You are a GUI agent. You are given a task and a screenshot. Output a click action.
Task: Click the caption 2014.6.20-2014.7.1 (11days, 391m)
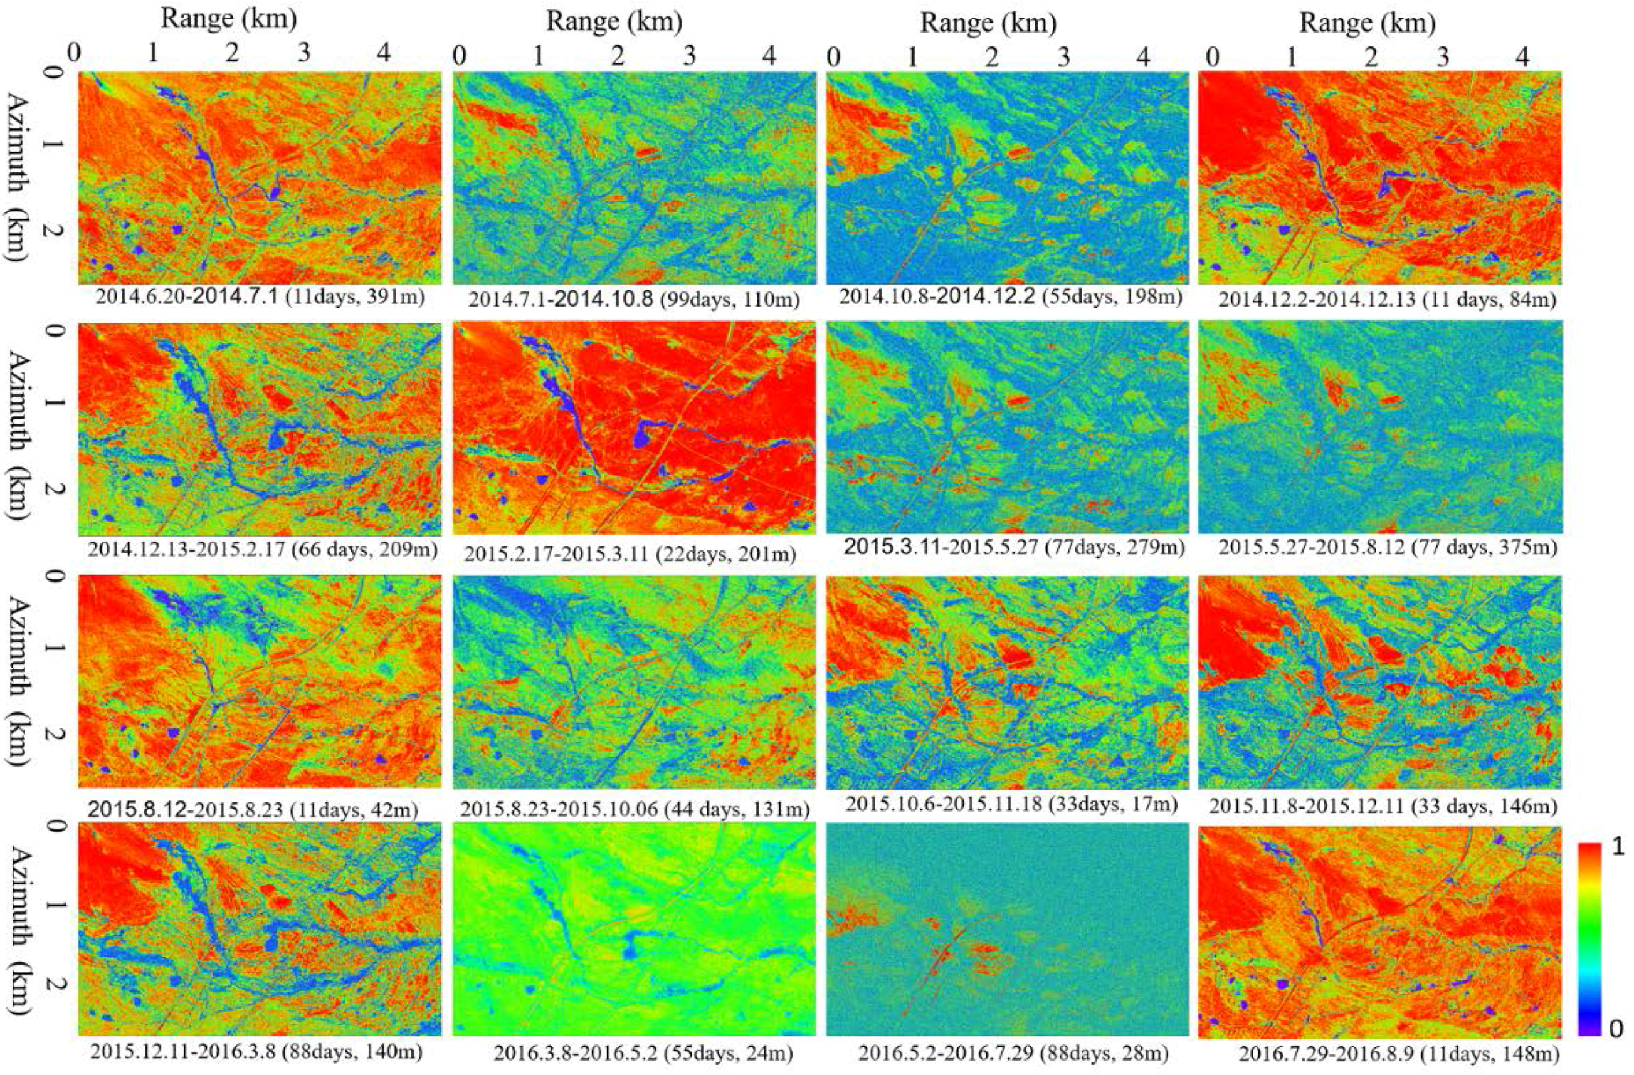pos(260,297)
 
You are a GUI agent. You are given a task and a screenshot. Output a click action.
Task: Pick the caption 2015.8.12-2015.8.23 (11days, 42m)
pos(253,809)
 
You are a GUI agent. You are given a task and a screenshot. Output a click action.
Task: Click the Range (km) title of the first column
pos(229,19)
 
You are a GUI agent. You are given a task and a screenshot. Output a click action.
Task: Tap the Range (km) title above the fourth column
pos(1368,23)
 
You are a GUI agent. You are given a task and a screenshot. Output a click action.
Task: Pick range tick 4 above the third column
pos(1142,55)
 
